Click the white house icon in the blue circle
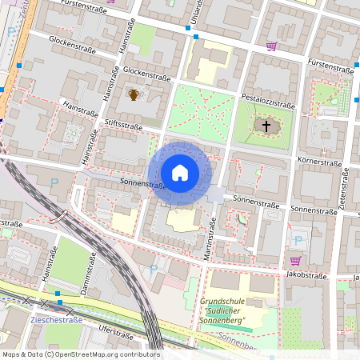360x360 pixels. [x=179, y=172]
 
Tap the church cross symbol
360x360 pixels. [x=266, y=126]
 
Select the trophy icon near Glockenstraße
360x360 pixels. [x=134, y=95]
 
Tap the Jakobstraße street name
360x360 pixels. [x=307, y=275]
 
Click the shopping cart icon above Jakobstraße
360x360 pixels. [x=296, y=260]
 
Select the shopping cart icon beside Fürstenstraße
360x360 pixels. [x=271, y=46]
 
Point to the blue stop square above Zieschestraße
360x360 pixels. [x=58, y=303]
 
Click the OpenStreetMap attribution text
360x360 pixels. [x=80, y=354]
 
